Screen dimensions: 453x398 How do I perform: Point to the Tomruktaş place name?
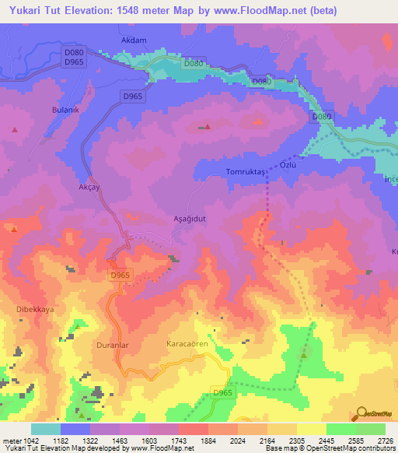(x=246, y=171)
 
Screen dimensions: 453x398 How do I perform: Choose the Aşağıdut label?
(x=189, y=220)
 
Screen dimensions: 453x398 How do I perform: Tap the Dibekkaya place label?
(x=35, y=309)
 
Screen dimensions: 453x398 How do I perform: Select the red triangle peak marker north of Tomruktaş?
(x=207, y=127)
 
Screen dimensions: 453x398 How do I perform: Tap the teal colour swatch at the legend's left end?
(x=46, y=429)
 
